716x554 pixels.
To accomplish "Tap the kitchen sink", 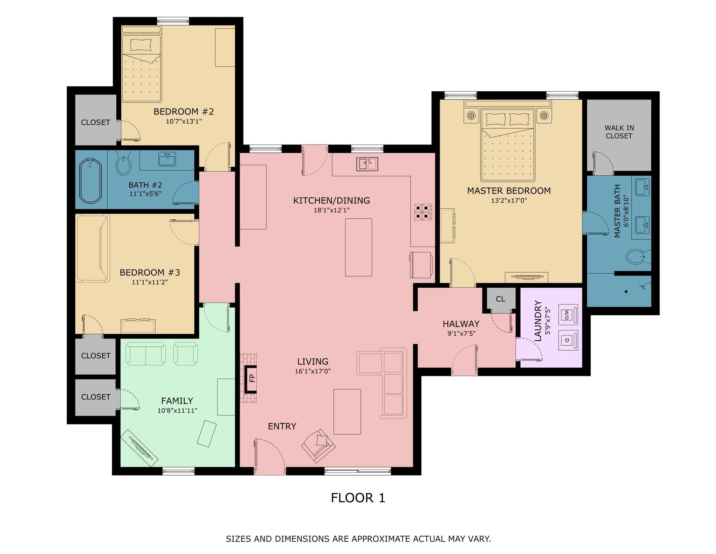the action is tap(367, 164).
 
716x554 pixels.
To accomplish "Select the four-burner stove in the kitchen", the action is tap(423, 212).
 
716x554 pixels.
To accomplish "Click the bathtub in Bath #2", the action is tap(91, 181).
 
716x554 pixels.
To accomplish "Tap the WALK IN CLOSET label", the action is tap(619, 132).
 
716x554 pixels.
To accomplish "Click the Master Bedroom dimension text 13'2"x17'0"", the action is tap(509, 201).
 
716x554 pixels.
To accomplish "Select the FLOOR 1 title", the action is tap(358, 498).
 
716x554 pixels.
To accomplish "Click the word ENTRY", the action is tap(282, 426).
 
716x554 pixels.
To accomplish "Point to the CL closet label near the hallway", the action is tap(501, 299).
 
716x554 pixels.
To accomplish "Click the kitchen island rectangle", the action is tap(358, 247).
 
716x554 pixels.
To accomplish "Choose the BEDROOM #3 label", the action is tap(150, 272).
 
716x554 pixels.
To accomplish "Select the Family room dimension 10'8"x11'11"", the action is tap(177, 411).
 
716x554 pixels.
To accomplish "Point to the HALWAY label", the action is tap(461, 324).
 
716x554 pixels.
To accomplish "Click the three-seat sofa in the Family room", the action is tap(146, 353).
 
